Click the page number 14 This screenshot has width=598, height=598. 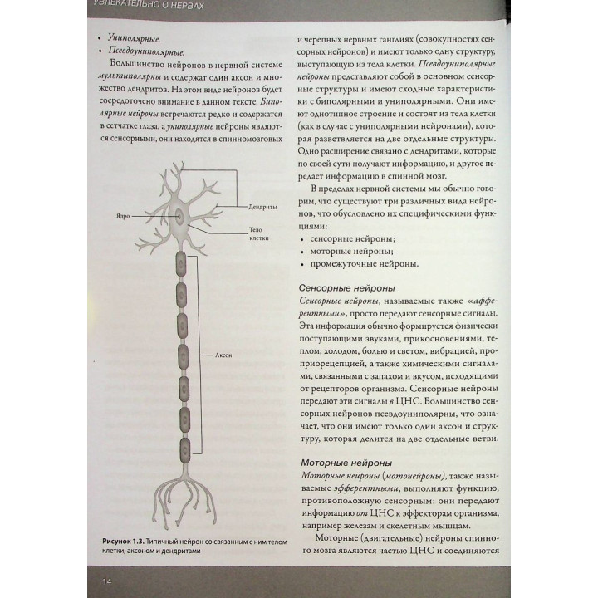coord(106,581)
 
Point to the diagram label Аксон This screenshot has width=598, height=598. coord(223,355)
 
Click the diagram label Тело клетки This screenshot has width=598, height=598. coord(257,233)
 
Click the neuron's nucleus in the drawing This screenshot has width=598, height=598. coord(181,217)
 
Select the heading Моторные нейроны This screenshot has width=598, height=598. coord(335,461)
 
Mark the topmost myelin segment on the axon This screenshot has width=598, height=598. coord(180,264)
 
